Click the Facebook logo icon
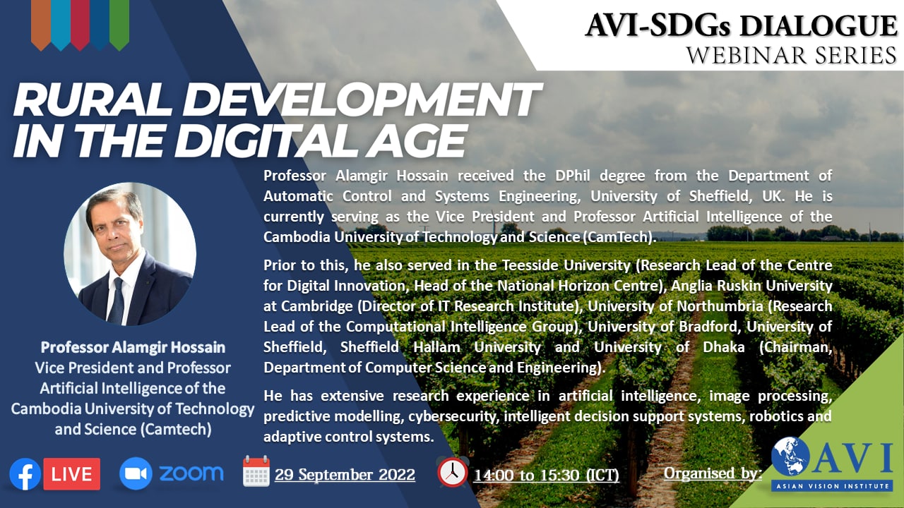coord(25,474)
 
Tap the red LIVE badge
coord(72,474)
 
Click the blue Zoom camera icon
coord(136,473)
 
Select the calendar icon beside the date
coord(256,471)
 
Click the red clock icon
coord(453,472)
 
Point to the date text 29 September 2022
coord(345,475)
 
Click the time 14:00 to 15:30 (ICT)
coord(547,476)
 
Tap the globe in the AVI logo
coord(790,456)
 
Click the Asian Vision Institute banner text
coord(832,486)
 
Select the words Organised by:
coord(713,473)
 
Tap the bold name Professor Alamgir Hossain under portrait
coord(133,348)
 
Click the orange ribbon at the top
coord(41,24)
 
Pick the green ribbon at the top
coord(119,24)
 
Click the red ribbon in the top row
coord(80,24)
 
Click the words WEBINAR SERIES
coord(792,55)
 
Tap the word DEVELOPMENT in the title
coord(363,99)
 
